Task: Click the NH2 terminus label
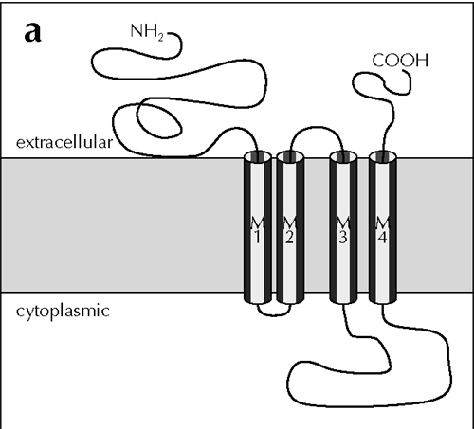(147, 32)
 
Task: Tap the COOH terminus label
(400, 60)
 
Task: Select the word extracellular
(64, 142)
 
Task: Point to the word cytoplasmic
(63, 312)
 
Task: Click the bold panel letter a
(32, 32)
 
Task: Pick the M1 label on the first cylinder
(258, 230)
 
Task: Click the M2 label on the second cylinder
(290, 230)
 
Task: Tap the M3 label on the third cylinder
(343, 230)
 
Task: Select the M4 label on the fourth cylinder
(383, 230)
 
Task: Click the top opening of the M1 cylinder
(258, 157)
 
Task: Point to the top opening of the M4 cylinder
(383, 157)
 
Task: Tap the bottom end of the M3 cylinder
(343, 299)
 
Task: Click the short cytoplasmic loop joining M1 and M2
(274, 314)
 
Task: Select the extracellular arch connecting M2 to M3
(316, 127)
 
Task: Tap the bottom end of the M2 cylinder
(290, 299)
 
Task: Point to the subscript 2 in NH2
(160, 37)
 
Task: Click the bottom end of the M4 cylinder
(383, 299)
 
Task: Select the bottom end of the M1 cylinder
(258, 299)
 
